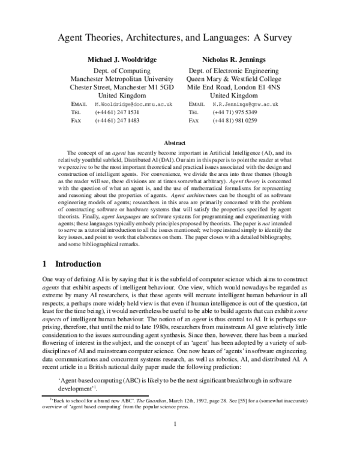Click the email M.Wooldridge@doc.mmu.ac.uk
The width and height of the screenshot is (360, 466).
tap(134, 104)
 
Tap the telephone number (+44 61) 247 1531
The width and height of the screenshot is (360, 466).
tap(117, 112)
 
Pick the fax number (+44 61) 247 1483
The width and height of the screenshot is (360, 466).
tap(117, 121)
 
